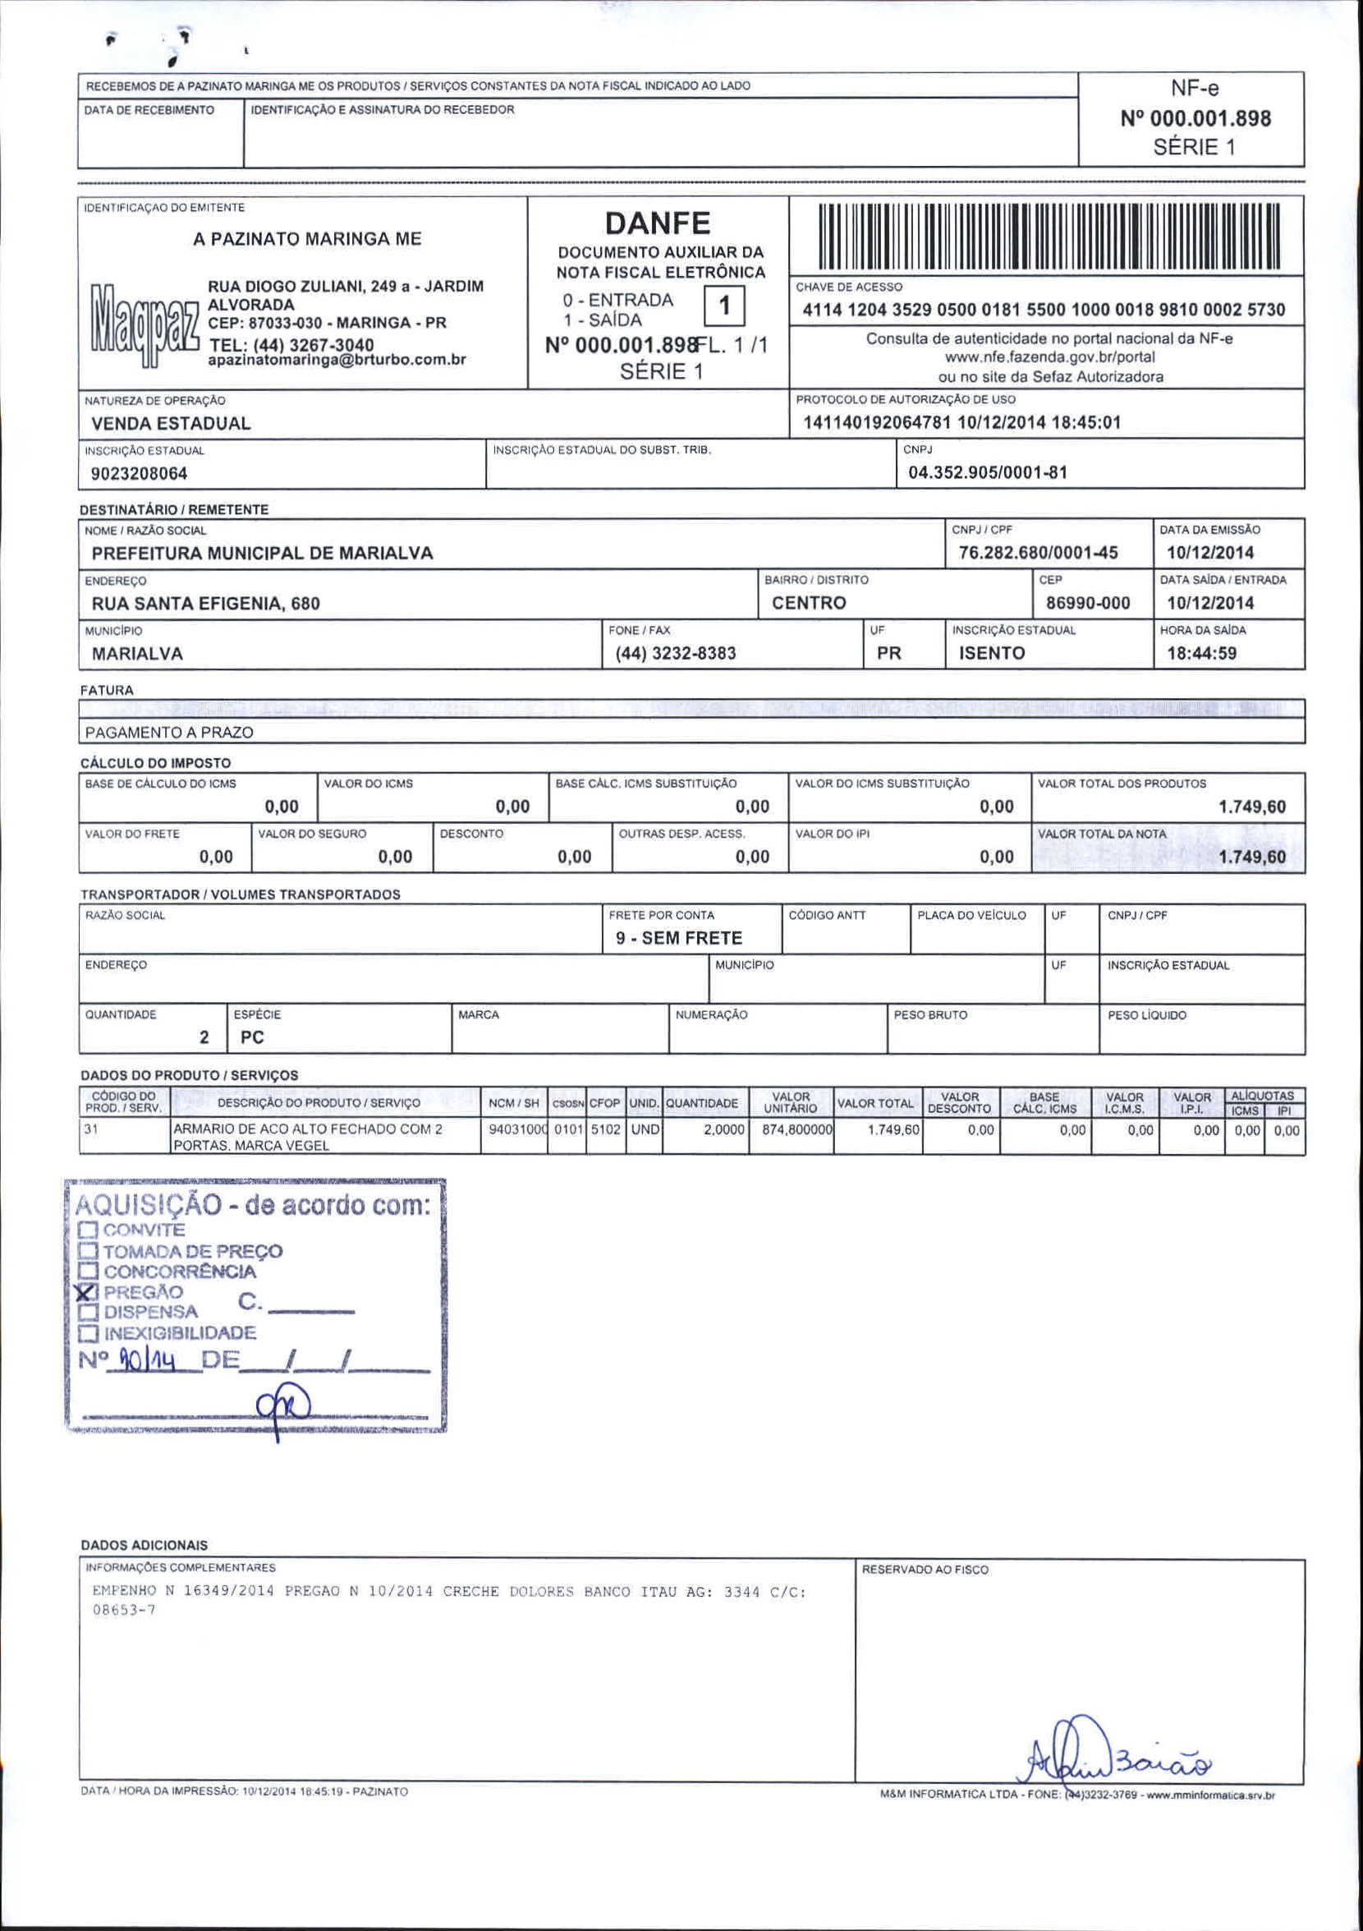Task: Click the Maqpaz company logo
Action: [x=141, y=325]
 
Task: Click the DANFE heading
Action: [x=658, y=223]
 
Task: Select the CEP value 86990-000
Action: [x=1088, y=603]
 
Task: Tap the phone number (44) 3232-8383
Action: [x=675, y=654]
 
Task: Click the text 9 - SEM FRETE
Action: [x=678, y=938]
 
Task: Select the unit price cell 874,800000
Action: [x=796, y=1129]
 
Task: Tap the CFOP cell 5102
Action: [x=605, y=1129]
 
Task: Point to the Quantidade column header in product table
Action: [x=701, y=1102]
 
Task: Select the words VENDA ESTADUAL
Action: [x=171, y=423]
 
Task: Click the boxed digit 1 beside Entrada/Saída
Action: [x=724, y=307]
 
